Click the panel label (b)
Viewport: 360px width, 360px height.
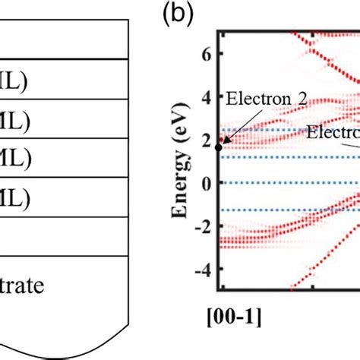click(176, 14)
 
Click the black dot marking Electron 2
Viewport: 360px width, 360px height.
click(219, 147)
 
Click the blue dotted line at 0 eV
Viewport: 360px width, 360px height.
click(289, 183)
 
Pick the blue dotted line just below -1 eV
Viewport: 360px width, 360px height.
click(289, 210)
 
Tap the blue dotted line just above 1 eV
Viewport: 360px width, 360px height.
click(289, 157)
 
